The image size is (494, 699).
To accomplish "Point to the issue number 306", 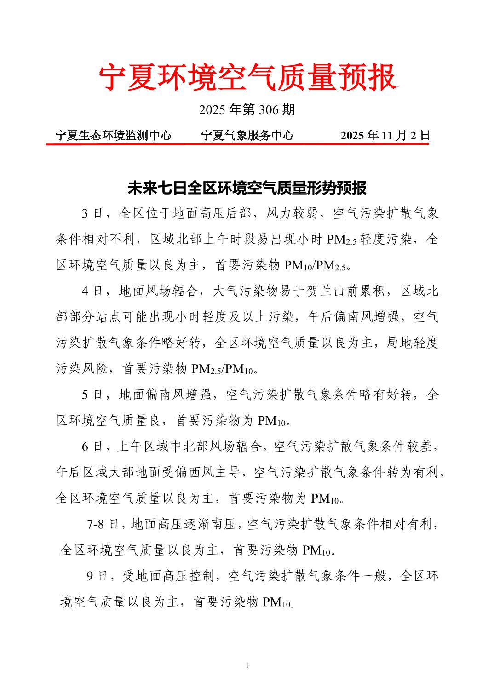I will point(269,109).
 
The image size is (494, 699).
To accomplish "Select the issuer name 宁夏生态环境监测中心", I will point(114,135).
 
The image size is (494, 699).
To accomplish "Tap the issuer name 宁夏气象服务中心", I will point(247,135).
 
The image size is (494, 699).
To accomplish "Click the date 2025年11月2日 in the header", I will point(385,135).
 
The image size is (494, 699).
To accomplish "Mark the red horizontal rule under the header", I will point(237,144).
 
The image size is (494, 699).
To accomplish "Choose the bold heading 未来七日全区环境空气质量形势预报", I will point(247,188).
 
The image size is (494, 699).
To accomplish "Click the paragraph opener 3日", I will point(92,213).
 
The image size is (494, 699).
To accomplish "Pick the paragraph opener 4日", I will point(92,291).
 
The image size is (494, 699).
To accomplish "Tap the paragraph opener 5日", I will point(92,395).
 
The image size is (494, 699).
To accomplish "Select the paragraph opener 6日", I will point(92,447).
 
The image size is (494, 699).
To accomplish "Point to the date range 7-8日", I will point(102,524).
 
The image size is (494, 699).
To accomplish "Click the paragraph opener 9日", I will point(97,576).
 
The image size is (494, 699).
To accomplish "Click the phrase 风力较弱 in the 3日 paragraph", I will point(293,213).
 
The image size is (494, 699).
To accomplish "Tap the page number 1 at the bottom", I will point(247,665).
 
